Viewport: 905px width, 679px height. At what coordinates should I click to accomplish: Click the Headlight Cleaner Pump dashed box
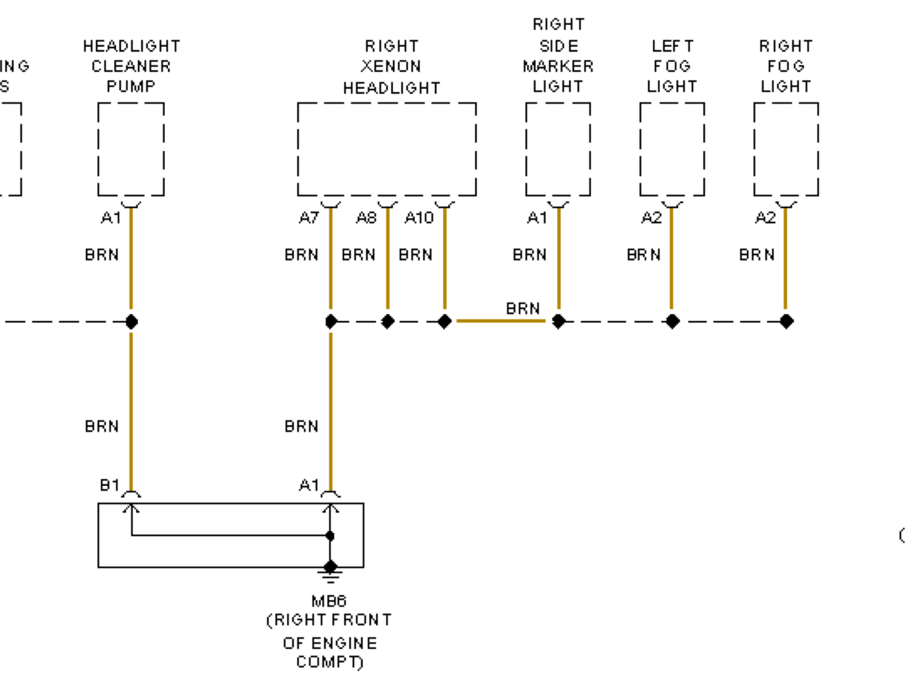point(131,149)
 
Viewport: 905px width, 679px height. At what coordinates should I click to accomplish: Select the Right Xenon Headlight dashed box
point(387,149)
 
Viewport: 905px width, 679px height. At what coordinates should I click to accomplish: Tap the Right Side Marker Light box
point(558,149)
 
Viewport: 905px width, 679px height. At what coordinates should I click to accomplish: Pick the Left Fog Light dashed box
point(672,149)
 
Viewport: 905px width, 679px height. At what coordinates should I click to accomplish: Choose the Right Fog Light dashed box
point(786,149)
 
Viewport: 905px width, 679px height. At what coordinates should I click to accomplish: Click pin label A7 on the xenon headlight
point(308,217)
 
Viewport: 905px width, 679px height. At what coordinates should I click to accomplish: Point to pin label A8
point(366,217)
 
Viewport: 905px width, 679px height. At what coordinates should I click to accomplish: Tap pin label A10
point(419,217)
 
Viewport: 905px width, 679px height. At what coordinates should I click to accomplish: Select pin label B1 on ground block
point(110,485)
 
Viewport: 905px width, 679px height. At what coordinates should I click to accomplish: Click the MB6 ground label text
point(329,601)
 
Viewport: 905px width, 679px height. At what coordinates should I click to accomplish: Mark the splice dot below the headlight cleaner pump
point(131,321)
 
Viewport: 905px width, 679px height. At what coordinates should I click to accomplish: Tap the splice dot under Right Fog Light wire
point(787,321)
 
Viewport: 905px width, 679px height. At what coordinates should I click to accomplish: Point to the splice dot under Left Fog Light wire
point(673,321)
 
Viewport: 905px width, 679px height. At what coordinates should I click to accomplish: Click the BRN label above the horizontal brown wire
point(523,308)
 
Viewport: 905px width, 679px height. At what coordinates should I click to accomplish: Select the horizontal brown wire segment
point(501,321)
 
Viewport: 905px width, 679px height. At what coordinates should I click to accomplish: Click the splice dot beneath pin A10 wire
point(445,321)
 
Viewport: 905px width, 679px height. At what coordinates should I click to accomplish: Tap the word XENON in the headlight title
point(391,66)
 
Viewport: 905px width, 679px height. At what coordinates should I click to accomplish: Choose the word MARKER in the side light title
point(558,66)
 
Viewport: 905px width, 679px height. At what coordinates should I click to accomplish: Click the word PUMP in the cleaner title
point(131,86)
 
